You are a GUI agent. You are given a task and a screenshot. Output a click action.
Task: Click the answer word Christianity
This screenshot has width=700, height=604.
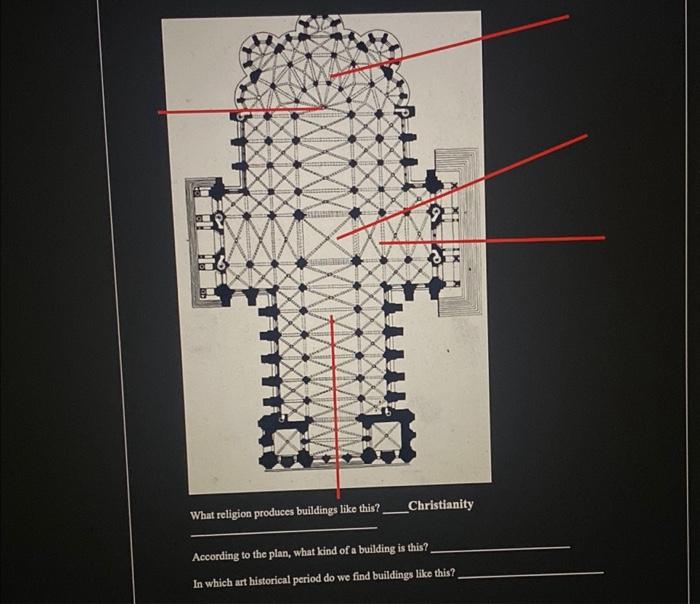click(x=440, y=505)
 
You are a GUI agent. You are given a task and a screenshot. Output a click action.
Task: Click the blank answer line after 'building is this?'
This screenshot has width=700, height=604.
click(x=500, y=549)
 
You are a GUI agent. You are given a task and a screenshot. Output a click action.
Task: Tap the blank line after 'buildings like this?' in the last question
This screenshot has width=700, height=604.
click(x=530, y=574)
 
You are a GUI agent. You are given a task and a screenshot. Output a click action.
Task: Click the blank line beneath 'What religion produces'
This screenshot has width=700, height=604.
click(x=285, y=527)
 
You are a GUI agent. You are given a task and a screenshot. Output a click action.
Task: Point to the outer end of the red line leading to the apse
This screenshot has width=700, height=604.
click(x=568, y=16)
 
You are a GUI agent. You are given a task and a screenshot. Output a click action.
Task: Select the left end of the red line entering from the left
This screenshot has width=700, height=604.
click(x=159, y=112)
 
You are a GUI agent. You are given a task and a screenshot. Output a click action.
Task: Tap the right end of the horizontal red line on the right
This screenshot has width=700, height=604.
click(x=604, y=238)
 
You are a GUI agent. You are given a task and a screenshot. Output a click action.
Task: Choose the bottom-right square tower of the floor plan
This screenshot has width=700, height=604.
click(x=386, y=431)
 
